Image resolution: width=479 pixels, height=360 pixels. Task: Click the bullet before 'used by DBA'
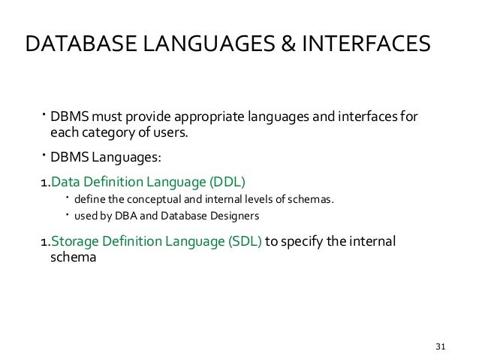(67, 215)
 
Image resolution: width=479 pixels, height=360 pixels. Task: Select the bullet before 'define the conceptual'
(67, 198)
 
